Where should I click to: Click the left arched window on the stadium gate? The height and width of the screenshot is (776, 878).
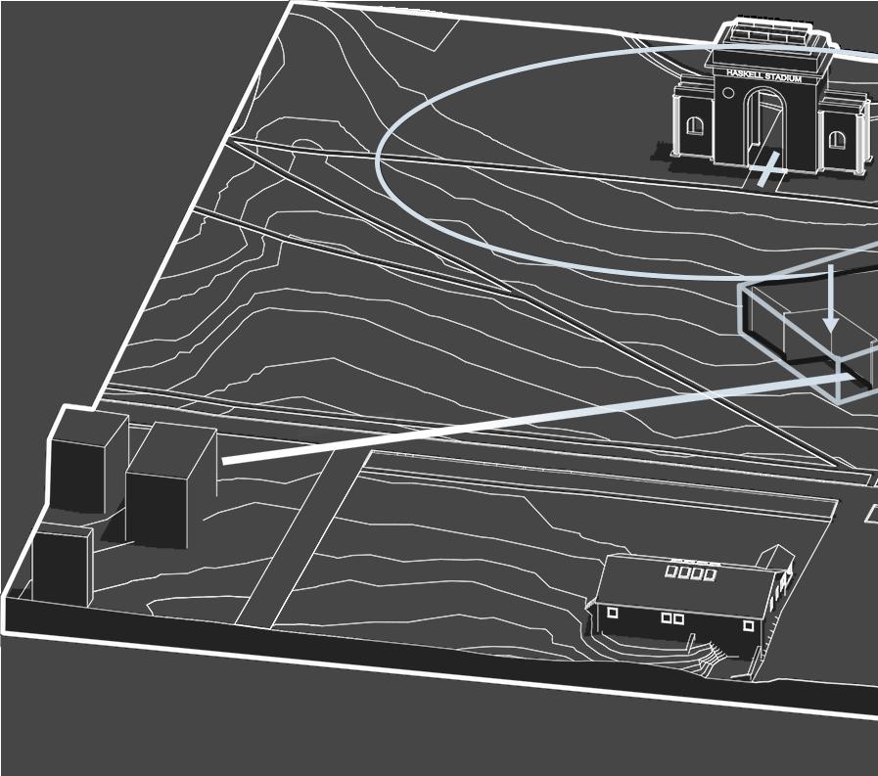click(695, 125)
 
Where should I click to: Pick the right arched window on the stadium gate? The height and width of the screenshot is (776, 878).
click(837, 139)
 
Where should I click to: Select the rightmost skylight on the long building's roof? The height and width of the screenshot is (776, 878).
click(710, 574)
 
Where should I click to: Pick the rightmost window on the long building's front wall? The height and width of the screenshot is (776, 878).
click(749, 624)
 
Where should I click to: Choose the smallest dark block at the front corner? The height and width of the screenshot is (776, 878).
click(61, 565)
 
